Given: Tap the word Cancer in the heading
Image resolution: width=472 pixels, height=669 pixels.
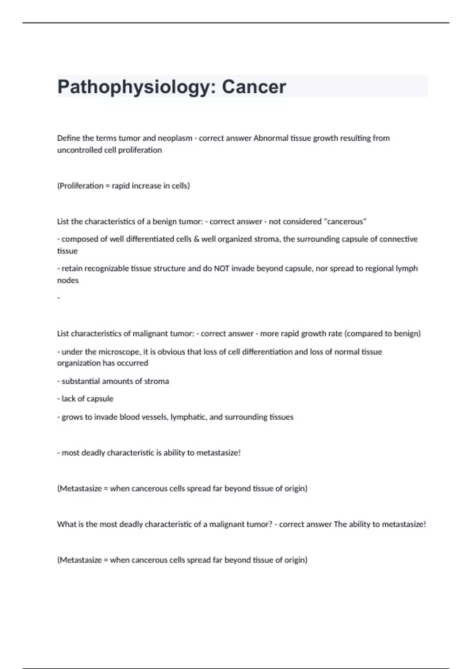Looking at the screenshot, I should coord(254,87).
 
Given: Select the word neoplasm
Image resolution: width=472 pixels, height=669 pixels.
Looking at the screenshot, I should coord(175,138).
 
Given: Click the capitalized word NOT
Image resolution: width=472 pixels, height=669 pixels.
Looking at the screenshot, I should coord(221,268).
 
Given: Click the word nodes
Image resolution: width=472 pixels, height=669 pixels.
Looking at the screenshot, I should coord(68,280).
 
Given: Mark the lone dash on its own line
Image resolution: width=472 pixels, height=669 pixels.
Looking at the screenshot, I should coord(59,298).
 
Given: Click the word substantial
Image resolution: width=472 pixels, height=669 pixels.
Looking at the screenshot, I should coord(81,381).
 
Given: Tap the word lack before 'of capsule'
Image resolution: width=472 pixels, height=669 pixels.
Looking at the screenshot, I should coord(68,399).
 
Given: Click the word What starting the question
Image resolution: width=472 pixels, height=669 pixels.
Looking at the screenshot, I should coord(65,524).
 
